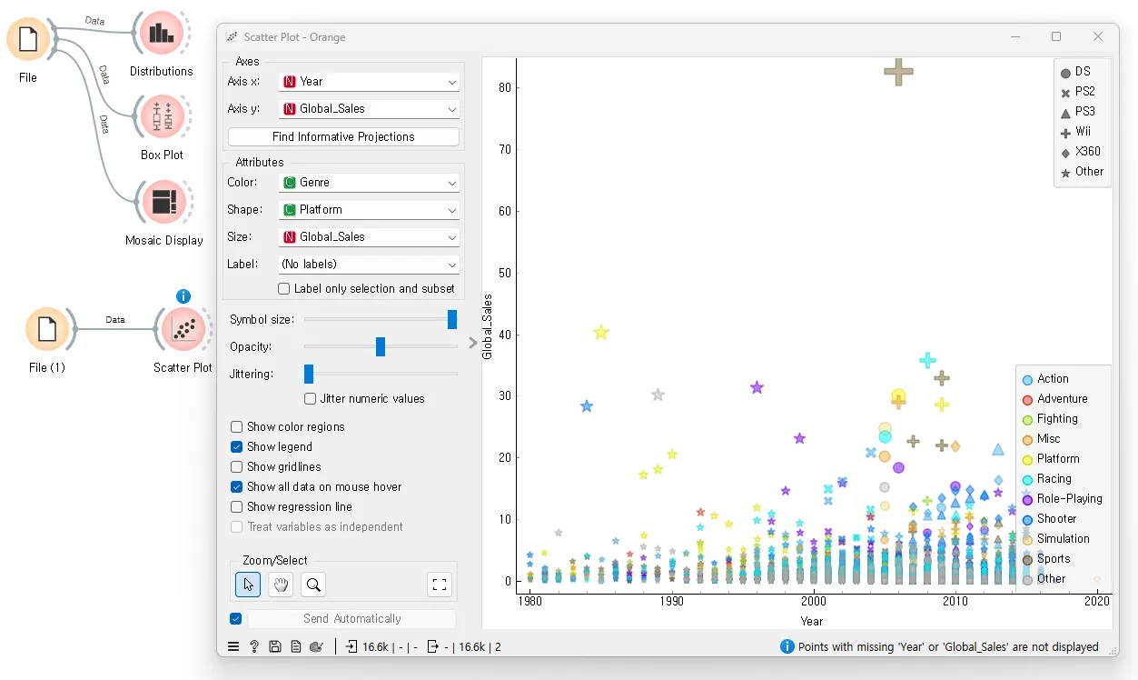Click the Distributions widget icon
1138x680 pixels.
(x=161, y=34)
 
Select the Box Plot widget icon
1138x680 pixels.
(x=162, y=117)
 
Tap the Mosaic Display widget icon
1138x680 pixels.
(x=163, y=202)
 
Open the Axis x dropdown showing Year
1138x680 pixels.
(x=369, y=82)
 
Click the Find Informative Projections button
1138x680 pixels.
(x=343, y=136)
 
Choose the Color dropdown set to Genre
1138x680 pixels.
(x=369, y=183)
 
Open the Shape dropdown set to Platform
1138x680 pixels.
(x=369, y=210)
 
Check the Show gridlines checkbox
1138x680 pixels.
(x=237, y=467)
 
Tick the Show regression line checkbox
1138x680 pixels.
(x=237, y=507)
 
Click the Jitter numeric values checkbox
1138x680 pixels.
(x=311, y=399)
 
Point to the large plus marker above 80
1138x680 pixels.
(x=898, y=72)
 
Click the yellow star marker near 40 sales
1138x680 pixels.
(x=600, y=333)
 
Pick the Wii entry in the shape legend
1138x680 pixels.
(x=1083, y=132)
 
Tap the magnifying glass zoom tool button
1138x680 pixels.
(x=313, y=585)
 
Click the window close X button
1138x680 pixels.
(x=1098, y=37)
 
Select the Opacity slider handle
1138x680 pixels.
(x=381, y=346)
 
